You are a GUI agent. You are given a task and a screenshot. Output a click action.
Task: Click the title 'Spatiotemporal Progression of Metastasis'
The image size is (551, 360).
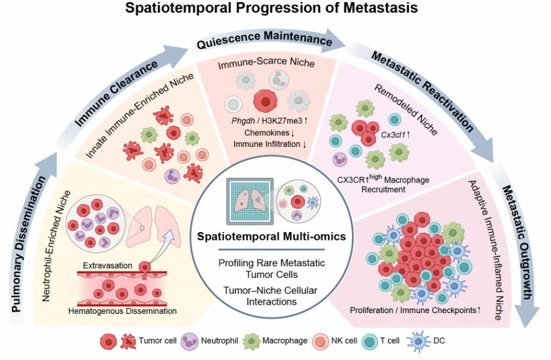[x=271, y=8]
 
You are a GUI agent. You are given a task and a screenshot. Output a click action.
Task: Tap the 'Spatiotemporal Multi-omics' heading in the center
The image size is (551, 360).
[x=271, y=237]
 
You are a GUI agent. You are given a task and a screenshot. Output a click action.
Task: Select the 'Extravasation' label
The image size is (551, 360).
[x=107, y=265]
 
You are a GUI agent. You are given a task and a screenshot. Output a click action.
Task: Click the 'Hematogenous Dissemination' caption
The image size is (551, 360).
[x=122, y=311]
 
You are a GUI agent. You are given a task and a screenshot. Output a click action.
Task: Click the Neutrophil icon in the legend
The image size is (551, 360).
[x=190, y=341]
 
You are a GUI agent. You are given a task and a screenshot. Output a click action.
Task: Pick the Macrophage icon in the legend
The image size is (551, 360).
[x=251, y=341]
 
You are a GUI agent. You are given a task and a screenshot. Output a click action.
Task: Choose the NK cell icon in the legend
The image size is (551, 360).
[x=320, y=342]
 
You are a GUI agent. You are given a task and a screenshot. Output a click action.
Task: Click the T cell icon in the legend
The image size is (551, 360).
[x=370, y=342]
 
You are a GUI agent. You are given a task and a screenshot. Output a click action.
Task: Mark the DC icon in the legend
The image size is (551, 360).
[x=418, y=341]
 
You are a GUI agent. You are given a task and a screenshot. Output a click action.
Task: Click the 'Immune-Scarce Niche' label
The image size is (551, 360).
[x=266, y=63]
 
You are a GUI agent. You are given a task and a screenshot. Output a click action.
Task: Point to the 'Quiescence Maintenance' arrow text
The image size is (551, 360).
[x=264, y=39]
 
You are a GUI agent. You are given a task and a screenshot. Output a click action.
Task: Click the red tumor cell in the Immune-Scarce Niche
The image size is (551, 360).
[x=266, y=101]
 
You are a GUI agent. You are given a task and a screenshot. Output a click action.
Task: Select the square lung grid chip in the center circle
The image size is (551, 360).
[x=250, y=201]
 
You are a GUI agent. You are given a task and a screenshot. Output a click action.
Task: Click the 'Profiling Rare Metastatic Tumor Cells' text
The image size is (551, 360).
[x=271, y=269]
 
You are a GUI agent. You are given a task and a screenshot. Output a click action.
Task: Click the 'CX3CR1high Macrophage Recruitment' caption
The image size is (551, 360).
[x=383, y=183]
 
